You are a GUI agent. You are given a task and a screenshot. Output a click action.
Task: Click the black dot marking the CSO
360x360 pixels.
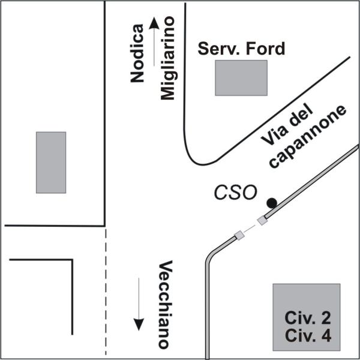click(272, 203)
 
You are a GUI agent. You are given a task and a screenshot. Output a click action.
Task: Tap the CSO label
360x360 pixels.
click(235, 193)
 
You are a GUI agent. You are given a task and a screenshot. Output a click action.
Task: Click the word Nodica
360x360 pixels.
click(137, 53)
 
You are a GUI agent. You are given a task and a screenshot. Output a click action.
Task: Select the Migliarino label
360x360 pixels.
click(167, 58)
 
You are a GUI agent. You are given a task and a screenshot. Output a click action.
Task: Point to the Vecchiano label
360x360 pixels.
click(166, 305)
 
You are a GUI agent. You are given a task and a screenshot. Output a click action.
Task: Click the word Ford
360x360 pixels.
click(265, 49)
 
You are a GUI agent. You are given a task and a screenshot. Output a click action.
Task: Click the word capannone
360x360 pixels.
click(308, 137)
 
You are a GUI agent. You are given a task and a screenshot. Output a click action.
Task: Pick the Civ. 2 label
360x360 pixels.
click(308, 318)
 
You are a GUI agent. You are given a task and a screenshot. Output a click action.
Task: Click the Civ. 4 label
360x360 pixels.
click(308, 335)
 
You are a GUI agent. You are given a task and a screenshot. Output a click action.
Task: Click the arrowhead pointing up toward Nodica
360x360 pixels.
click(154, 23)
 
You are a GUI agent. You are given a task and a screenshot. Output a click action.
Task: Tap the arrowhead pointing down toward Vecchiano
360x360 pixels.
click(139, 325)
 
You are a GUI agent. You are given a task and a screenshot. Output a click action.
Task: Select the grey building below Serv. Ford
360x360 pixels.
click(241, 78)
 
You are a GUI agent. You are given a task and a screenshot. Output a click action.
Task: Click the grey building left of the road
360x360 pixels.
click(51, 163)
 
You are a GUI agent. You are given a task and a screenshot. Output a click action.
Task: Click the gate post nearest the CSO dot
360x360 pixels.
click(262, 221)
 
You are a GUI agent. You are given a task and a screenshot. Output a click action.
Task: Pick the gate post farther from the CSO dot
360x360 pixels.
click(239, 235)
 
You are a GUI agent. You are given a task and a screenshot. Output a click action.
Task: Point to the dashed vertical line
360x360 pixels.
click(106, 292)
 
